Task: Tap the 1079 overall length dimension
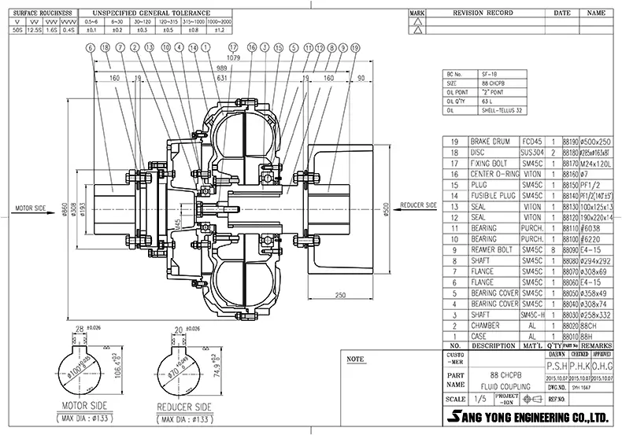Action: tap(233, 58)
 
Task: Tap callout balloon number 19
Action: tap(356, 48)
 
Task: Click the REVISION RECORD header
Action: tap(483, 13)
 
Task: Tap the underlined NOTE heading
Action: tap(356, 359)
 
